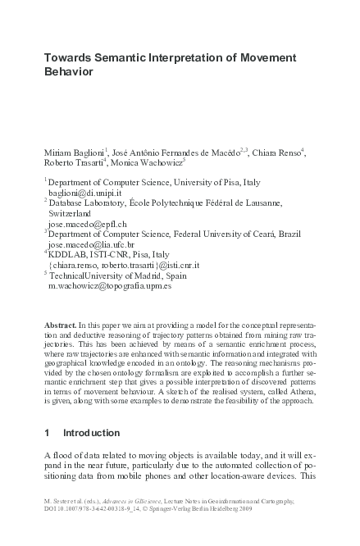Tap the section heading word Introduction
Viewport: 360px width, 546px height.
91,432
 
